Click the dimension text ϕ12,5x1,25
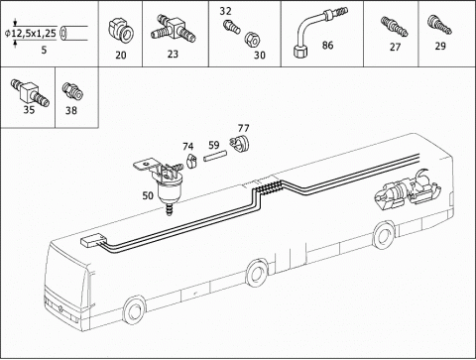tap(31, 33)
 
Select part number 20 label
tap(121, 55)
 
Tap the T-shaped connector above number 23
tap(174, 30)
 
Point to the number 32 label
tap(225, 11)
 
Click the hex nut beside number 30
tap(252, 40)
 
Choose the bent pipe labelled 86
tap(318, 31)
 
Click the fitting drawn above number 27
tap(394, 27)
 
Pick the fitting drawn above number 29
tap(439, 25)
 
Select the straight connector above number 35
tap(30, 92)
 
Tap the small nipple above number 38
tap(72, 91)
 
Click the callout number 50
tap(148, 195)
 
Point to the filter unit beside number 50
tap(165, 183)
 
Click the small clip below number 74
tap(191, 161)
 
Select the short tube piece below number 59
tap(214, 156)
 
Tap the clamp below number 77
tap(239, 144)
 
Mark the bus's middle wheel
tap(256, 273)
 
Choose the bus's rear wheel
tap(384, 235)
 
